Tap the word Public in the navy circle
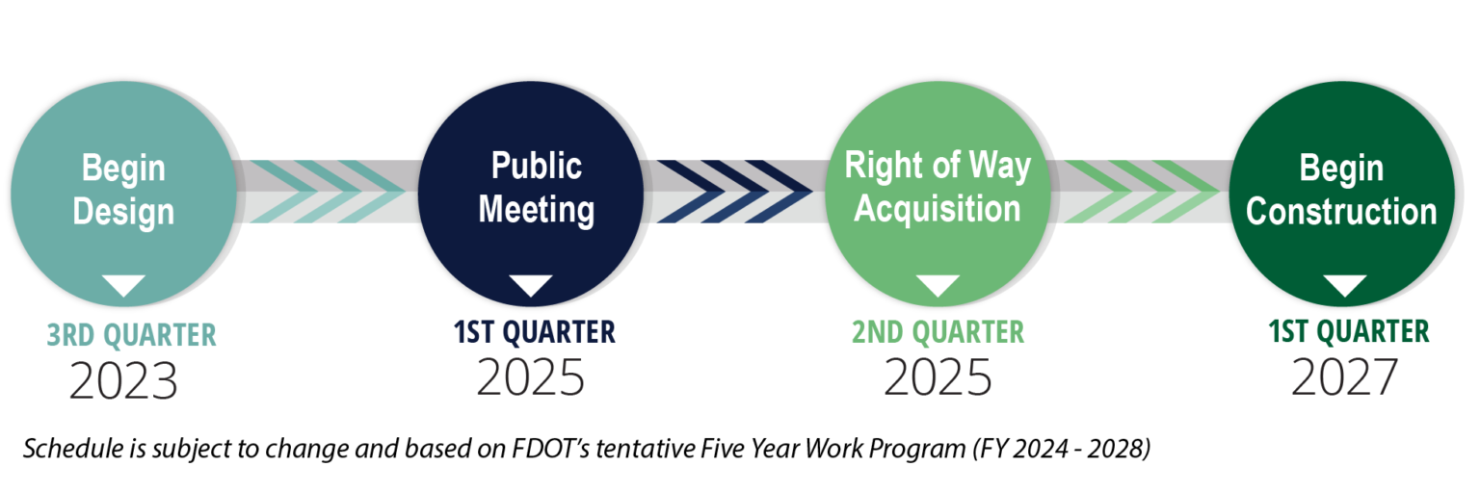point(537,166)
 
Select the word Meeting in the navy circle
point(537,210)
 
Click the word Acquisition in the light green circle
point(938,209)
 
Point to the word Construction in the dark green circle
point(1341,211)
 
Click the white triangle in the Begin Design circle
point(123,286)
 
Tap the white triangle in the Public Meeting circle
point(531,286)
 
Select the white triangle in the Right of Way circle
point(938,286)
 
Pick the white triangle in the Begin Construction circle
point(1344,286)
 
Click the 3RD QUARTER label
point(131,335)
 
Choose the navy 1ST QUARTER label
point(534,332)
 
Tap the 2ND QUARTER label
point(938,332)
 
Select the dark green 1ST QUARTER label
point(1349,331)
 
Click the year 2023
point(123,380)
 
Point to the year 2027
point(1344,377)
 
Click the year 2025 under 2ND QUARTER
point(938,377)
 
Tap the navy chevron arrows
point(733,192)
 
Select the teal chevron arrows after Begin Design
point(328,192)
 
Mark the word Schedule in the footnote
point(73,449)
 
